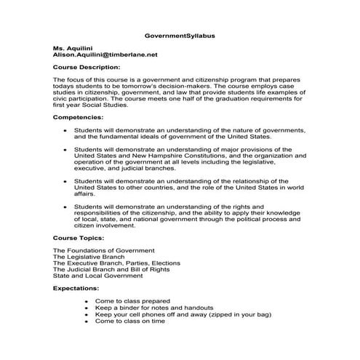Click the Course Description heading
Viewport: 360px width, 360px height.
pos(87,67)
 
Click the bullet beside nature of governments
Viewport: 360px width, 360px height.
pos(65,131)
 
